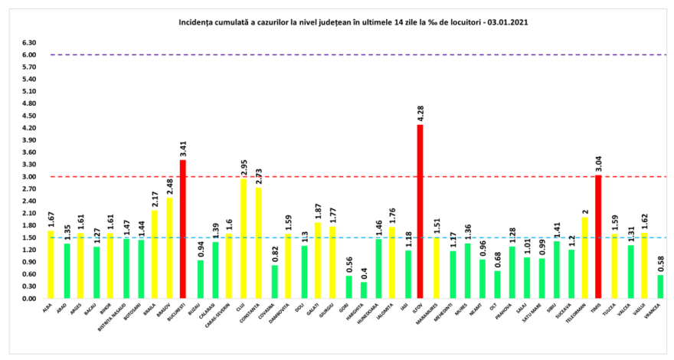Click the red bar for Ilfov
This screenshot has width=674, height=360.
coord(420,211)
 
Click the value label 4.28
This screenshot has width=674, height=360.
coord(420,112)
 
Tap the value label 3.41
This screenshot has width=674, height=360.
coord(182,147)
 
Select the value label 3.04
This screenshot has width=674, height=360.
coord(598,162)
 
